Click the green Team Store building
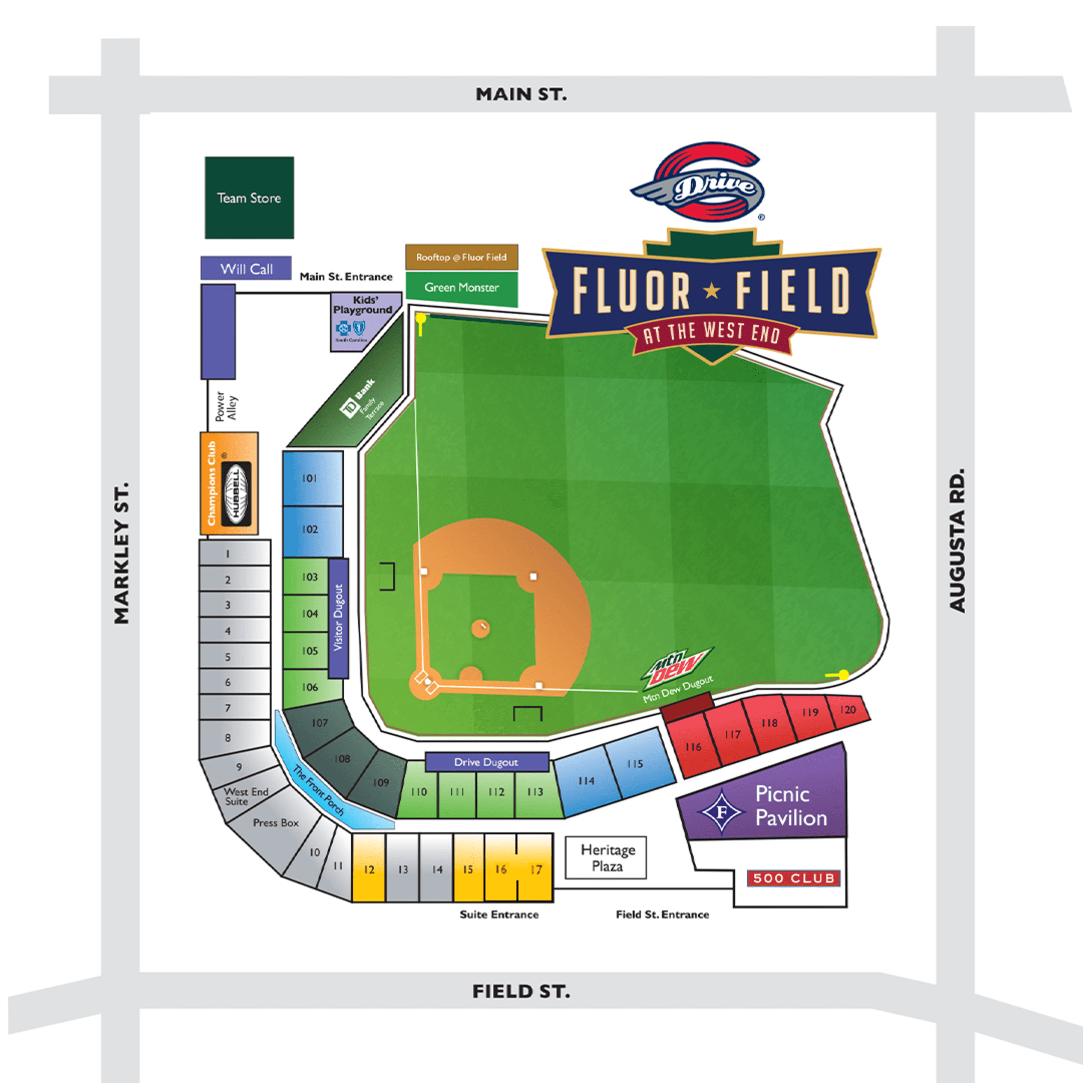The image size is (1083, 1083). (249, 197)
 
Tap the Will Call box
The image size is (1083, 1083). (246, 268)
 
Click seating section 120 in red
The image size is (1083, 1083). (848, 710)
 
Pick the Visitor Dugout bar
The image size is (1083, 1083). (338, 617)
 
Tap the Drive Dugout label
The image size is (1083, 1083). (486, 762)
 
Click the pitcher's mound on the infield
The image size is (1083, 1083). (480, 628)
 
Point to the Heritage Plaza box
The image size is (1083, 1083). (607, 858)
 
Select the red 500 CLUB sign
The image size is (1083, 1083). (793, 878)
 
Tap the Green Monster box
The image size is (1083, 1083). (462, 287)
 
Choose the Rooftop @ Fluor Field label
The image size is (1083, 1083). (462, 258)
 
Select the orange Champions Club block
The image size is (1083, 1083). (229, 483)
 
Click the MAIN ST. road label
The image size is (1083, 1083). (521, 94)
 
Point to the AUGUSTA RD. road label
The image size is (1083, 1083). (956, 540)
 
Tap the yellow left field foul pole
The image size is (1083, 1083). (421, 322)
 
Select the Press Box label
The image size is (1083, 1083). (276, 823)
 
